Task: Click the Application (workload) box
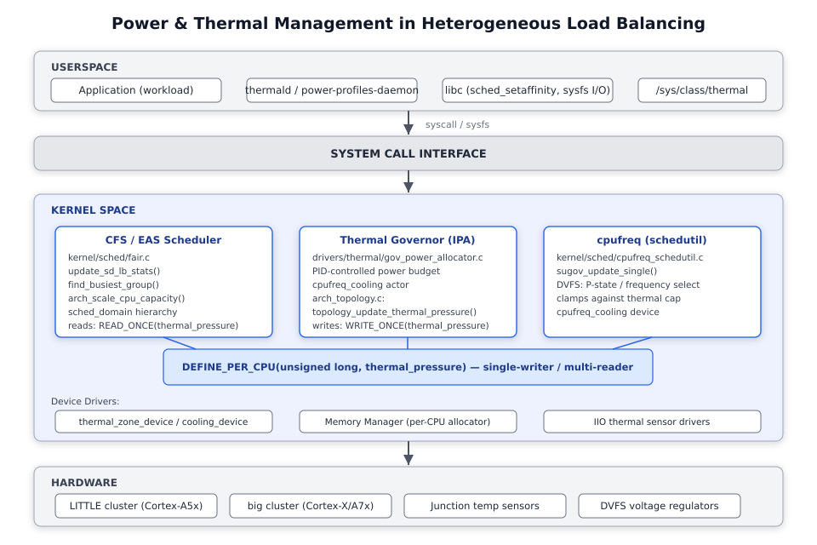136,90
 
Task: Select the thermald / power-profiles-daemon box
332,90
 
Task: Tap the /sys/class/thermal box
702,90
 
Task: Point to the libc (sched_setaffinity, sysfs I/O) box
528,90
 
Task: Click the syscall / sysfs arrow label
457,124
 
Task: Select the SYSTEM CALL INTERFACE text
408,154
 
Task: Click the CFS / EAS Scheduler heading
163,240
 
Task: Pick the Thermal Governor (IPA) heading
408,240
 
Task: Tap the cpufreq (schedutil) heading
652,240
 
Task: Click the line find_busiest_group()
113,284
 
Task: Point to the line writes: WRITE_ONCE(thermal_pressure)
401,325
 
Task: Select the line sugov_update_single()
607,271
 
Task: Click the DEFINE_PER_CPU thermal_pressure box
408,367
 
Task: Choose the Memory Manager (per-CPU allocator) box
408,422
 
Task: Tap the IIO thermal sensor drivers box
652,422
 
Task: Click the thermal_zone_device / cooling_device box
163,422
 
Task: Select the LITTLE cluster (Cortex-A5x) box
136,506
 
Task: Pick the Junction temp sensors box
485,506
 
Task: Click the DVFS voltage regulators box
659,506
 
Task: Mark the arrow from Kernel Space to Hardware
408,453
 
